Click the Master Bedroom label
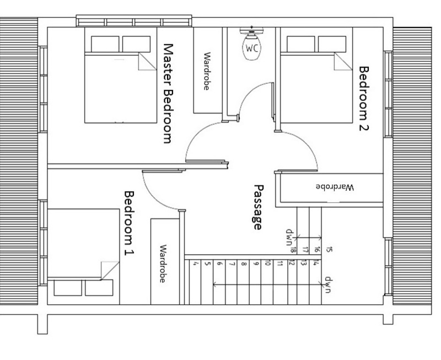point(168,93)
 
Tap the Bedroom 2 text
point(364,99)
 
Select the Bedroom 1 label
point(129,224)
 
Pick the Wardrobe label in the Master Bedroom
point(207,71)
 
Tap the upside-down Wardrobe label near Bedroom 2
point(335,187)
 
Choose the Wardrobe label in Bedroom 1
point(163,264)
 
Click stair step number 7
point(232,264)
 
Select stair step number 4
point(196,264)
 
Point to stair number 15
point(330,249)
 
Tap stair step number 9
point(256,264)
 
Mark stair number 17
point(305,249)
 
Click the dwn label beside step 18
point(289,237)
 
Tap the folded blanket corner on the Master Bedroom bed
point(148,61)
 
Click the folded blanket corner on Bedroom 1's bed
point(110,271)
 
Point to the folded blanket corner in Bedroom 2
point(343,61)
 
